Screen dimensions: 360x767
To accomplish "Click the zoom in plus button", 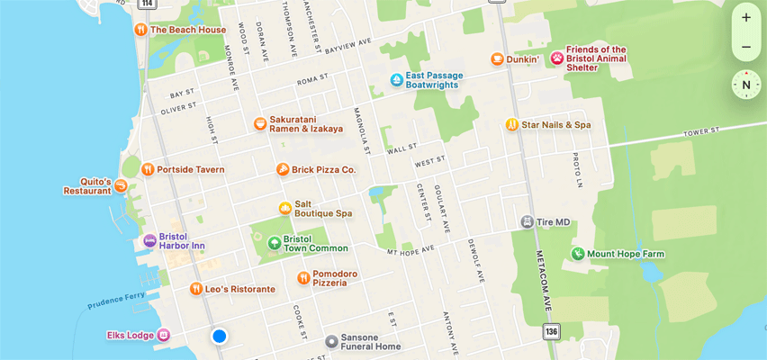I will (x=745, y=17).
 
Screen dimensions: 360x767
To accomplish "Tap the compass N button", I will (x=745, y=85).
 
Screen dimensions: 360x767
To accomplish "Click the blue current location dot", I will (x=219, y=336).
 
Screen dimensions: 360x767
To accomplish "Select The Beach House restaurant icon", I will (x=140, y=30).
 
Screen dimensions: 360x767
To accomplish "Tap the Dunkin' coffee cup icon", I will (x=497, y=59).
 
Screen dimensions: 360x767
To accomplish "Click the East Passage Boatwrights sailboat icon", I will (x=396, y=81).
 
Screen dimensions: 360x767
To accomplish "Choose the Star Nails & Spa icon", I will (x=511, y=124).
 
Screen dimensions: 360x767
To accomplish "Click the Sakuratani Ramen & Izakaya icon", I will (x=259, y=123).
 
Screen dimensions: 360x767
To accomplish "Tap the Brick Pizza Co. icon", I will (x=282, y=169).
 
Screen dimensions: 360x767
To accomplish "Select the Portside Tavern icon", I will (x=148, y=169).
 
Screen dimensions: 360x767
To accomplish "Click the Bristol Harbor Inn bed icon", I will (x=149, y=241).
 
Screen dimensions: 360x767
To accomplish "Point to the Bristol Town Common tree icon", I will (x=274, y=243).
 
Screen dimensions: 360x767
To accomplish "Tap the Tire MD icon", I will (x=528, y=221).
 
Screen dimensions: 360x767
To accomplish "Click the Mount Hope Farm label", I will (x=625, y=254).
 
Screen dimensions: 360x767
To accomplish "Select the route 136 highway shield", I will (x=551, y=331).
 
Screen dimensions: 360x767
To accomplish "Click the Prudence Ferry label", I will (x=117, y=300).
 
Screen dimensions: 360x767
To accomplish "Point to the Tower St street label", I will (x=702, y=132).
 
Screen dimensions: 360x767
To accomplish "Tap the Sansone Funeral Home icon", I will (x=331, y=341).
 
